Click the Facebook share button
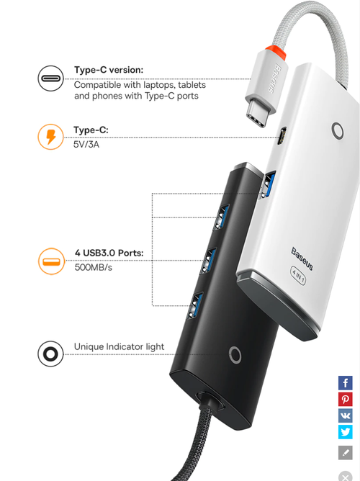pos(346,382)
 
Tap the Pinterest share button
pos(346,399)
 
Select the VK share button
pos(346,415)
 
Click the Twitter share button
pos(346,432)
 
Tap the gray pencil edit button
pos(346,452)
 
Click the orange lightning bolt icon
pos(50,137)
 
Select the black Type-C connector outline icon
pos(50,78)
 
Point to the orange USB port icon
pos(51,261)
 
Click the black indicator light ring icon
pos(50,354)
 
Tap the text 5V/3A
pos(86,144)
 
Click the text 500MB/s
pos(93,267)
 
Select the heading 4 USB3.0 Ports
pos(109,253)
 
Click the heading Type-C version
pos(109,70)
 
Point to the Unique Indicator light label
pos(119,346)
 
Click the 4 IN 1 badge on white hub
pos(298,275)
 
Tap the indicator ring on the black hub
pos(235,356)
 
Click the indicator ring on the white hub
pos(338,131)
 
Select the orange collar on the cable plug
pos(276,52)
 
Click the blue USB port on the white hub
pos(268,185)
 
